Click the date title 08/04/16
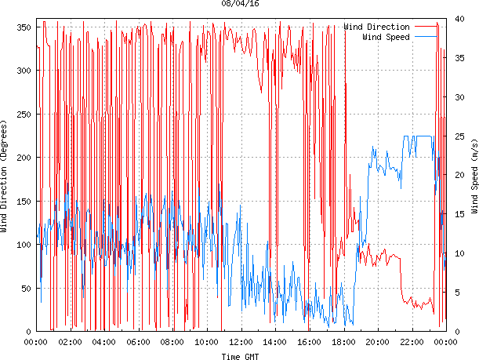(x=241, y=4)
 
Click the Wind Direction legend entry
(x=376, y=27)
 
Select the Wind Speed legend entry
(x=386, y=37)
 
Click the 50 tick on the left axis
(x=24, y=288)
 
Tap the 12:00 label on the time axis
(x=241, y=342)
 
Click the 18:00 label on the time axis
(x=343, y=342)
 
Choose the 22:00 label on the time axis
(x=412, y=342)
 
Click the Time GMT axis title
(x=239, y=356)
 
